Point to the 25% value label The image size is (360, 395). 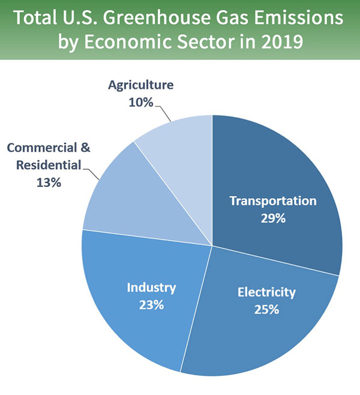coord(266,310)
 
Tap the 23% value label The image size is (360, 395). coord(151,304)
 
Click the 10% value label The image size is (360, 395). coord(140,102)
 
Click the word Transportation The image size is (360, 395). coord(273,201)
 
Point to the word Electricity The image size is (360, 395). coord(266,293)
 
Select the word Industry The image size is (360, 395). coord(151,288)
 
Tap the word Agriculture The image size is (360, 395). coord(140,85)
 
